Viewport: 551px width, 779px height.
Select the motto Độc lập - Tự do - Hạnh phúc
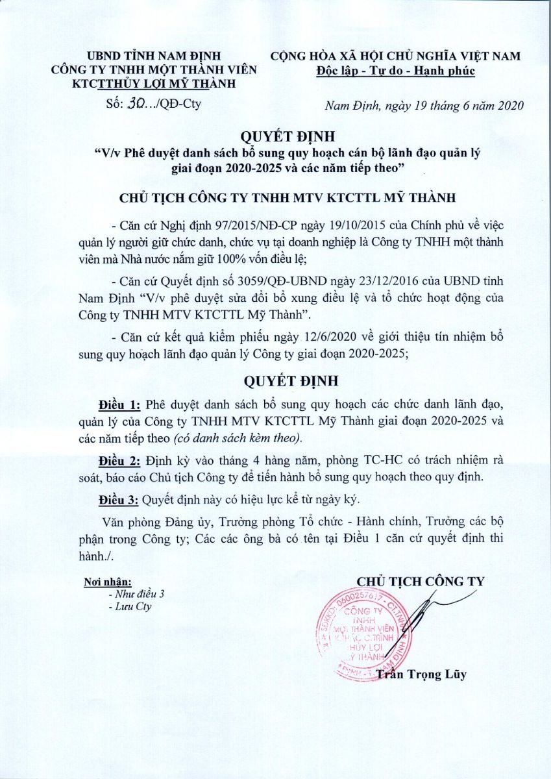coord(396,70)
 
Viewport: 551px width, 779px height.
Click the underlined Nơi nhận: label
coord(108,581)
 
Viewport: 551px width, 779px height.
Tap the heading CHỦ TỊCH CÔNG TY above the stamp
coord(421,580)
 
